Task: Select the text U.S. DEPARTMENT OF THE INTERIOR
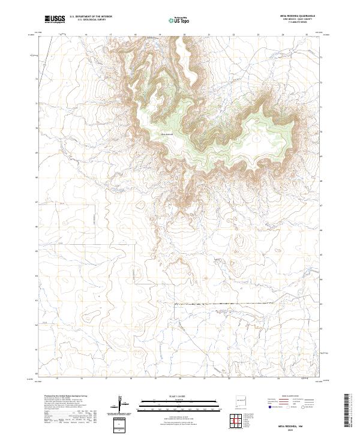91,17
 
